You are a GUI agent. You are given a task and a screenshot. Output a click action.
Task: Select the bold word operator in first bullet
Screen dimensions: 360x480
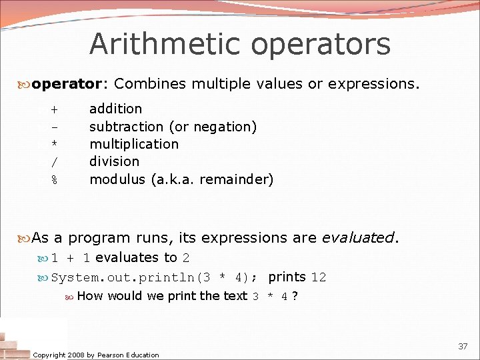[x=66, y=84]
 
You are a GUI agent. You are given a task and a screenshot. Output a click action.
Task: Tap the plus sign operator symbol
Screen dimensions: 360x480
[x=54, y=109]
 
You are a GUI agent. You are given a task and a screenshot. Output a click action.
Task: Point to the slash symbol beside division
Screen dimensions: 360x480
[x=54, y=162]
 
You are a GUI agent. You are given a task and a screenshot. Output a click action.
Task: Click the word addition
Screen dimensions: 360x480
[x=115, y=109]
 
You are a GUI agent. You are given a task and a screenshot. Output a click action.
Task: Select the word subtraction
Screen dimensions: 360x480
[x=127, y=127]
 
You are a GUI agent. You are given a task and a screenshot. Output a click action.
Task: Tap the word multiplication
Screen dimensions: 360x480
[x=134, y=144]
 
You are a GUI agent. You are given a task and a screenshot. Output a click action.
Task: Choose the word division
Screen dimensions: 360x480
[x=114, y=161]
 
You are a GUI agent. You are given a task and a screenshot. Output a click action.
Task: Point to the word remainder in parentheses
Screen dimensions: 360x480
[x=241, y=179]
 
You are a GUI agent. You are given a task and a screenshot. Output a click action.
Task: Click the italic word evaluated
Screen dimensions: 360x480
[x=358, y=237]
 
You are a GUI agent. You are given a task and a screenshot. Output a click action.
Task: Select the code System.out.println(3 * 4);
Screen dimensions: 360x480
[x=155, y=277]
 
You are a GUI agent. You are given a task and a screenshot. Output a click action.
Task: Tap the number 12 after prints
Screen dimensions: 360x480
[x=319, y=277]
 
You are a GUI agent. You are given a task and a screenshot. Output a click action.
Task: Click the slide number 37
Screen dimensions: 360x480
[x=463, y=346]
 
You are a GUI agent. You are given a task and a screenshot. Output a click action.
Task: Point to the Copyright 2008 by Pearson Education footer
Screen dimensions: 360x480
[x=96, y=355]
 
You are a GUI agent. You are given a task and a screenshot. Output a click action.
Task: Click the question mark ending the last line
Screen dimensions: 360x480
[x=295, y=296]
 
